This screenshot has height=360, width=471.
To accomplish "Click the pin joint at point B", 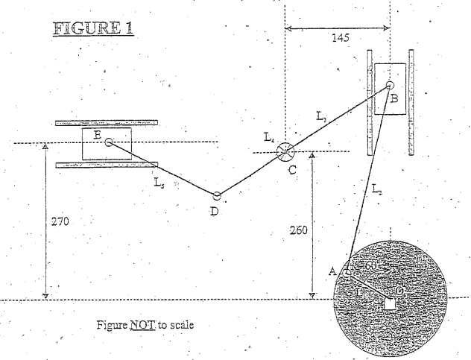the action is pos(390,86).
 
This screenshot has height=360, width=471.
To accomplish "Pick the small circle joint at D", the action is pos(217,196).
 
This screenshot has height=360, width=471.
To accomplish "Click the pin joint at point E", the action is pos(109,142).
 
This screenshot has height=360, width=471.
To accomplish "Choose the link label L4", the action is pos(269,137).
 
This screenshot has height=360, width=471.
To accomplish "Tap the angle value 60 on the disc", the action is pos(370,266).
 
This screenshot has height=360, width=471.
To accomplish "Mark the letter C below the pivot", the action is pos(293,170).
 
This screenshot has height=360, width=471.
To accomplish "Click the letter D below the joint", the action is pos(214,211).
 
